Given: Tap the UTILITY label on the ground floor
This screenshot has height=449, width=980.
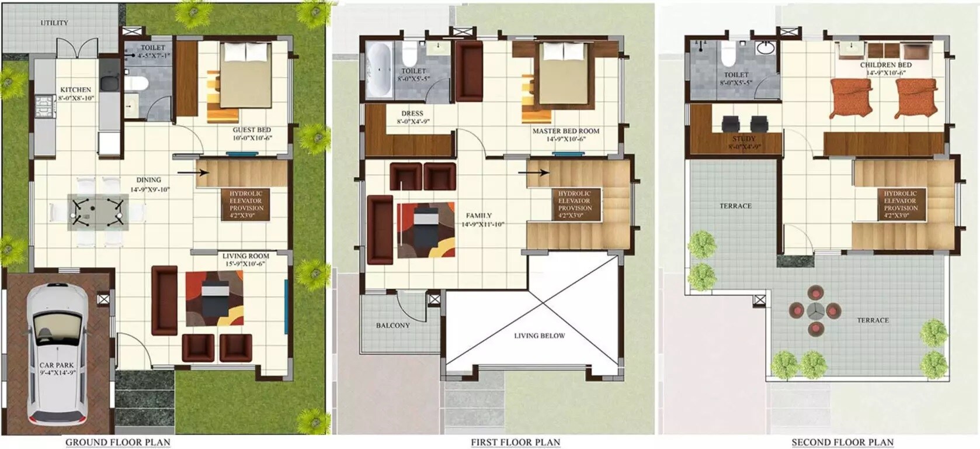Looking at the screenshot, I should pyautogui.click(x=54, y=23).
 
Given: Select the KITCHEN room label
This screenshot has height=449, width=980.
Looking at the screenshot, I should pyautogui.click(x=76, y=90).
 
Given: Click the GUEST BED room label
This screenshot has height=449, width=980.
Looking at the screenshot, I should pyautogui.click(x=252, y=130).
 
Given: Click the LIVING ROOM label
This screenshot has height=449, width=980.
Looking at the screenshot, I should pyautogui.click(x=245, y=256).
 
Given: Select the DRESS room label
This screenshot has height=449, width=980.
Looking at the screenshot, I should pyautogui.click(x=412, y=114).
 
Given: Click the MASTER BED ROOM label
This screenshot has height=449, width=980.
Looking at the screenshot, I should pyautogui.click(x=565, y=132).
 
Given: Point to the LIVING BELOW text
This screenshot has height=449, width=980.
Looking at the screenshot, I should pyautogui.click(x=539, y=336).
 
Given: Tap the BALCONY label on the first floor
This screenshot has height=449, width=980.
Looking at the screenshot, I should pyautogui.click(x=392, y=326).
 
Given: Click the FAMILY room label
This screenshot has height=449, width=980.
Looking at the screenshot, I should pyautogui.click(x=479, y=216).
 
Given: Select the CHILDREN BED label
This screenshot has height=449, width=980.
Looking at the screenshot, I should pyautogui.click(x=885, y=65).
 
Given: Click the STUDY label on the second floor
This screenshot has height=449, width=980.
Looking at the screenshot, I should pyautogui.click(x=743, y=139).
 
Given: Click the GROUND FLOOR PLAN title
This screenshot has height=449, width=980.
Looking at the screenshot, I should pyautogui.click(x=117, y=442).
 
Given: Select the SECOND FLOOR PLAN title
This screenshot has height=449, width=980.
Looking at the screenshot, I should pyautogui.click(x=842, y=443).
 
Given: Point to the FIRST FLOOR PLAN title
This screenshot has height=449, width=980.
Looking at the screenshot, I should pyautogui.click(x=515, y=443).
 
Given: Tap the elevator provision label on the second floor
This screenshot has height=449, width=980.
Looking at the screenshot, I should pyautogui.click(x=900, y=201).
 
